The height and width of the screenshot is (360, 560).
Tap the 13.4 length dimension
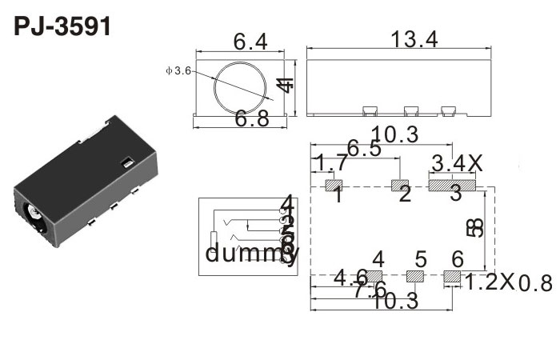click(x=414, y=38)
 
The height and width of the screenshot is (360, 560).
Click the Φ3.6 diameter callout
click(x=178, y=71)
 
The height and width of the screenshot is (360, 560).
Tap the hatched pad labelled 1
click(x=332, y=186)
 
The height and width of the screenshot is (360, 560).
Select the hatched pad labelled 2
click(x=399, y=186)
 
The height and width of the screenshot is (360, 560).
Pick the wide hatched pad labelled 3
click(x=452, y=186)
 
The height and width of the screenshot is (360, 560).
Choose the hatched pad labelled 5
click(x=415, y=277)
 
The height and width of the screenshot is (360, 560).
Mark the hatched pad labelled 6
click(x=454, y=277)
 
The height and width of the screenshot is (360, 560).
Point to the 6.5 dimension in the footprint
click(x=364, y=149)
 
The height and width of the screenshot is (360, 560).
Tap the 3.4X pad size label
click(x=458, y=164)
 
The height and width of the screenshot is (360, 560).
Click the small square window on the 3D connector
click(x=126, y=163)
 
